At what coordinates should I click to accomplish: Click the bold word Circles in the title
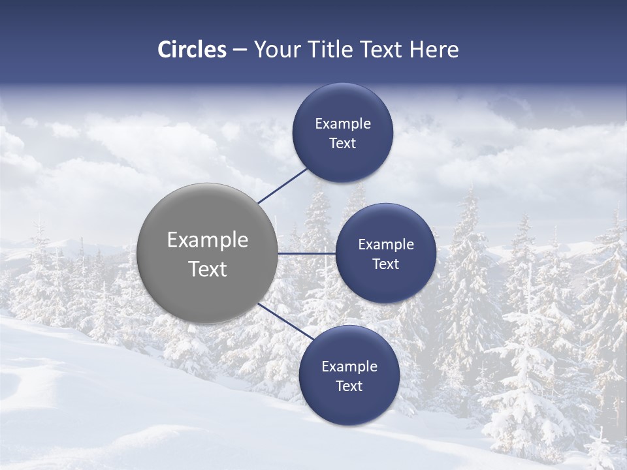(x=192, y=50)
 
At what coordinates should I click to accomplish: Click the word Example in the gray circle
(x=208, y=240)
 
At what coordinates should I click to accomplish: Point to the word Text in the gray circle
(x=208, y=269)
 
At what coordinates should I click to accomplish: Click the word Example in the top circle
(x=343, y=124)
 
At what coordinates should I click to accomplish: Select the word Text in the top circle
(x=343, y=144)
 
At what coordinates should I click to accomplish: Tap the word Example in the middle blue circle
(x=386, y=245)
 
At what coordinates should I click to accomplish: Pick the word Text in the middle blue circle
(x=386, y=264)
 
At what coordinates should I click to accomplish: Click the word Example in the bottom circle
(x=349, y=367)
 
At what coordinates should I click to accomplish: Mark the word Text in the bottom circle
(x=349, y=386)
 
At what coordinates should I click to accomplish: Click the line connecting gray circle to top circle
(x=283, y=185)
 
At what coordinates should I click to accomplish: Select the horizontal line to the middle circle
(x=306, y=253)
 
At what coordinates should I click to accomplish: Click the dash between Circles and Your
(x=240, y=50)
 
